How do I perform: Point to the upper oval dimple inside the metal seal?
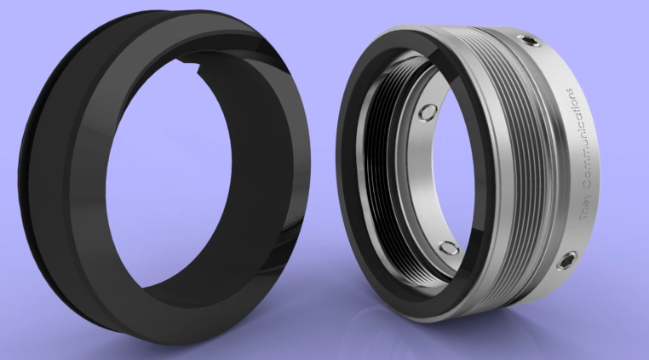428,111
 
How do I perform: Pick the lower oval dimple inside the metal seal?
448,248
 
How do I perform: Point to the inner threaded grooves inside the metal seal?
375,174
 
